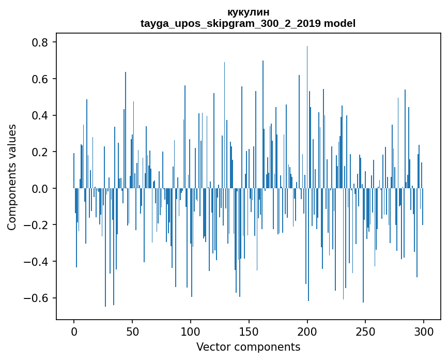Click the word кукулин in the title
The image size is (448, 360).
coord(248,12)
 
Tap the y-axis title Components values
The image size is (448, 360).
coord(11,177)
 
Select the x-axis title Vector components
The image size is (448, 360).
coord(248,347)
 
